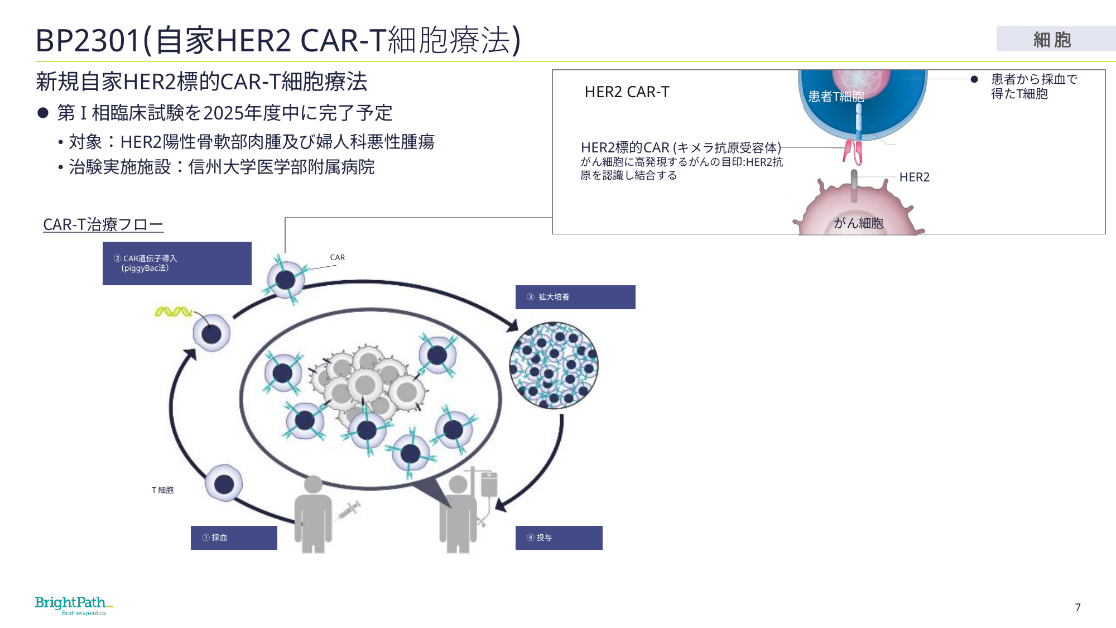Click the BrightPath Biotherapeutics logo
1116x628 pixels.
(x=74, y=606)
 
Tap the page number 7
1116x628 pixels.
(x=1077, y=607)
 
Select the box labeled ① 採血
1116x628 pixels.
(x=234, y=538)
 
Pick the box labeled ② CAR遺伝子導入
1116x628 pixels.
(x=177, y=263)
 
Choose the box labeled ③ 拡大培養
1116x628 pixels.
(x=575, y=297)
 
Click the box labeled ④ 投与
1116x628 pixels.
(x=559, y=538)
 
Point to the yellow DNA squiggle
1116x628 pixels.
(x=174, y=311)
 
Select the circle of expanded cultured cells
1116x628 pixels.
(x=554, y=365)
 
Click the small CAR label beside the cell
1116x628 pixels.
(x=337, y=257)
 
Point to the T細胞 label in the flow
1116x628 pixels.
(x=162, y=490)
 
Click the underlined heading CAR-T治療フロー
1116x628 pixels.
(x=103, y=224)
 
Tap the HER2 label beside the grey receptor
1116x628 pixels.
(x=914, y=177)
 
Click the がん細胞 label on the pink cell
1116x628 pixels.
(x=858, y=223)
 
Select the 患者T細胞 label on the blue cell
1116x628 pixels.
(x=836, y=97)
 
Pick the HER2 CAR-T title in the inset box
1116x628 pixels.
(x=627, y=92)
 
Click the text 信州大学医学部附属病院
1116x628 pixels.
(x=281, y=167)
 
